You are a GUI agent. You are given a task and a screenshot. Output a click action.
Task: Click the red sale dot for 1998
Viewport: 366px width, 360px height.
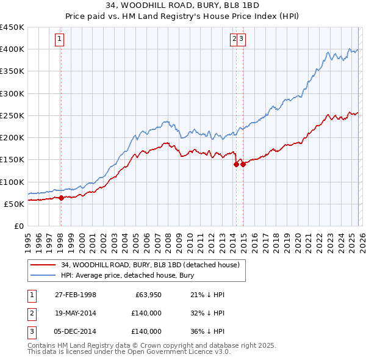click(x=61, y=198)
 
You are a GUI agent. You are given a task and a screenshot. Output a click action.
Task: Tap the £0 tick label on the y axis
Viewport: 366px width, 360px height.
click(x=18, y=226)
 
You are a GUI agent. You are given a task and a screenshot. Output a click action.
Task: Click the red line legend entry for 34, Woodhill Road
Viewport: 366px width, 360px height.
click(x=152, y=265)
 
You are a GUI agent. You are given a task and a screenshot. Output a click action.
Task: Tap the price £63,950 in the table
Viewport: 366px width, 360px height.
click(x=146, y=295)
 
